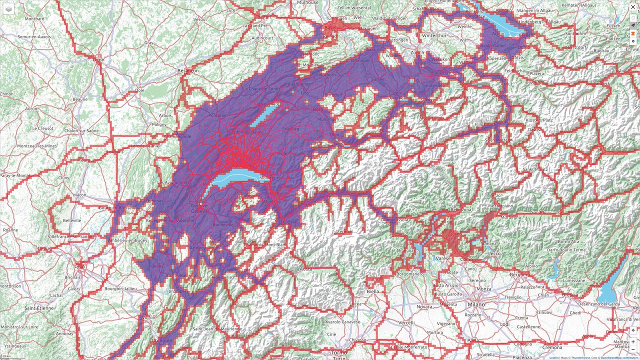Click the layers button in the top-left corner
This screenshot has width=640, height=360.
[x=9, y=9]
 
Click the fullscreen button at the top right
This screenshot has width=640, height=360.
[x=633, y=17]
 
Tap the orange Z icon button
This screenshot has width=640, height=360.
[x=633, y=33]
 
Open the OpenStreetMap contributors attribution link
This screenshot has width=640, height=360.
[x=620, y=357]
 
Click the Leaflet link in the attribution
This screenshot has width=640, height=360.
[x=554, y=357]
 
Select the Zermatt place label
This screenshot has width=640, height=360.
[x=344, y=231]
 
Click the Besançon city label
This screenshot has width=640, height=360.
[x=188, y=71]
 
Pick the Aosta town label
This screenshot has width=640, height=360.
[x=305, y=268]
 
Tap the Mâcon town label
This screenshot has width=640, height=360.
[x=79, y=195]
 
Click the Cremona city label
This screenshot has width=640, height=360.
[x=552, y=347]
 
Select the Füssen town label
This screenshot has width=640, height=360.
[x=613, y=25]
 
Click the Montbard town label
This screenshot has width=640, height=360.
[x=34, y=18]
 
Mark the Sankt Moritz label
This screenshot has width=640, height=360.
[x=535, y=169]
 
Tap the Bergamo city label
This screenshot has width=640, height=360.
[x=519, y=274]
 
